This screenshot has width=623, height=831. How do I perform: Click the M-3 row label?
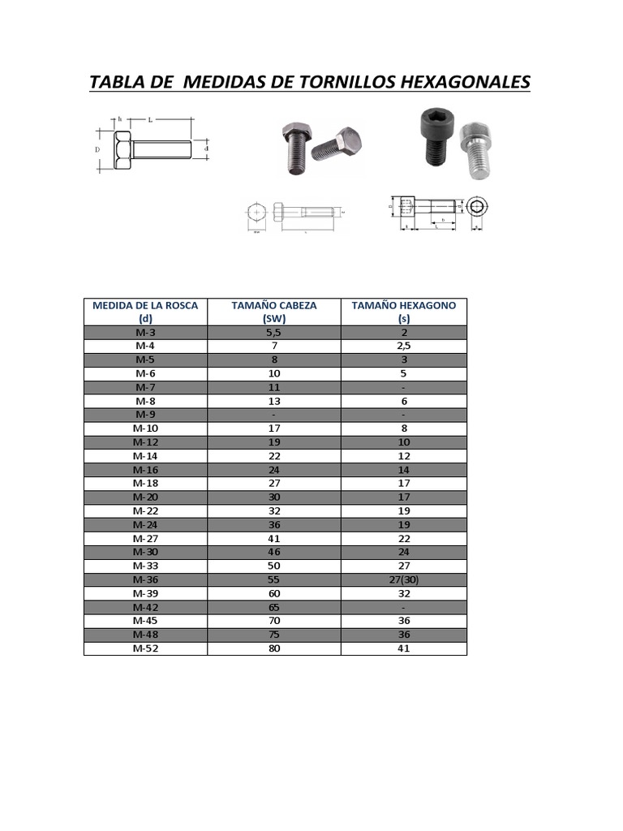[146, 333]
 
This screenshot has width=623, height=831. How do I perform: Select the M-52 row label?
[146, 648]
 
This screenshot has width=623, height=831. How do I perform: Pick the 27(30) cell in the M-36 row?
[404, 579]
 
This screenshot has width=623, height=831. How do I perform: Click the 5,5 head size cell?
[274, 333]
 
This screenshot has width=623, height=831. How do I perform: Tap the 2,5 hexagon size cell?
[404, 347]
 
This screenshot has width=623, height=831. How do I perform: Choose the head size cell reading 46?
[274, 552]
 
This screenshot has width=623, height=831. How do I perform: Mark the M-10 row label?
[146, 428]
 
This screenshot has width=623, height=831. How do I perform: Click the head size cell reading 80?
[274, 648]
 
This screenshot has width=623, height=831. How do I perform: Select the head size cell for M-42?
[274, 607]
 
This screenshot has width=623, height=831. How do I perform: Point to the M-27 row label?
[146, 538]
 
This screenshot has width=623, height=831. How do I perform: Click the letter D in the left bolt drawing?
[97, 150]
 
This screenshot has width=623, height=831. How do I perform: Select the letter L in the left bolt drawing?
[150, 120]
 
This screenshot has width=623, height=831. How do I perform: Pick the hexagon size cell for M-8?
[404, 401]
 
